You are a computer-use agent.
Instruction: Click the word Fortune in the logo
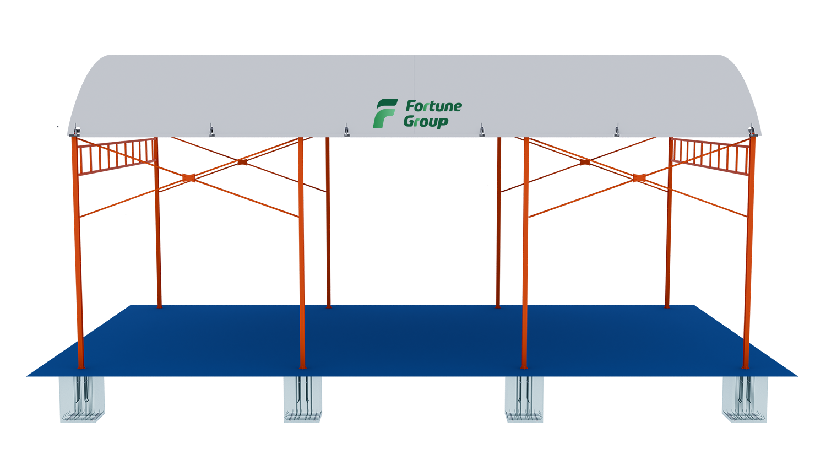pos(433,106)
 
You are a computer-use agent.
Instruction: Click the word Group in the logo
pos(425,121)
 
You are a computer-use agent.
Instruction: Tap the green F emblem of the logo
pos(384,113)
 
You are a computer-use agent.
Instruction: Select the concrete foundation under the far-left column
pos(82,399)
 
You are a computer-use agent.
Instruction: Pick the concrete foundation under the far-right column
pos(746,399)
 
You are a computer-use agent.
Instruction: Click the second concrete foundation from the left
pos(302,399)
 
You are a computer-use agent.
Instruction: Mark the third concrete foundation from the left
pos(524,399)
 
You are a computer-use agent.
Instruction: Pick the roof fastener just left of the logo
pos(346,132)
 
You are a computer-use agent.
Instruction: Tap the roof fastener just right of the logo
pos(482,132)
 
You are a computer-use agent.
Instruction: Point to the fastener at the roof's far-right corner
pos(751,131)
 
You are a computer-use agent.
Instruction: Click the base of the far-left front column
pos(81,365)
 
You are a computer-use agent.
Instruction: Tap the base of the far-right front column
pos(746,365)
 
